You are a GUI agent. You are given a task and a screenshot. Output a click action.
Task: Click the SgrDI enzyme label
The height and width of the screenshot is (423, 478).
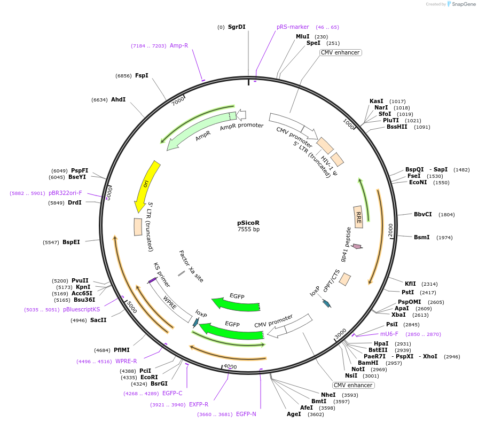(x=237, y=27)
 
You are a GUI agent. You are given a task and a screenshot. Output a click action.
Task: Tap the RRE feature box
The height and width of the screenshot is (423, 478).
(x=358, y=217)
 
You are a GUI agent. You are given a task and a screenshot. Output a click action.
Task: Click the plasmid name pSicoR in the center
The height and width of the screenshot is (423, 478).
(x=248, y=223)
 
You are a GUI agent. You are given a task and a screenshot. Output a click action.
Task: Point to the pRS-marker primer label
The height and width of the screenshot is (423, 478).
(x=293, y=27)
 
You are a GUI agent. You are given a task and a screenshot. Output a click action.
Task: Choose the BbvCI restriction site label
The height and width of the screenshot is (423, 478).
(x=423, y=214)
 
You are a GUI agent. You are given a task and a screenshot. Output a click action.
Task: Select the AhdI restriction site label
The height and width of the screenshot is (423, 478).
(x=119, y=99)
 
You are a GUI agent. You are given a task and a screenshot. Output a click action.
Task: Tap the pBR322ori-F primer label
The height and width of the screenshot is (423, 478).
(x=65, y=193)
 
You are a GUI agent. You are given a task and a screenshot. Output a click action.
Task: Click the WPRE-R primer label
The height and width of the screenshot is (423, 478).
(x=126, y=361)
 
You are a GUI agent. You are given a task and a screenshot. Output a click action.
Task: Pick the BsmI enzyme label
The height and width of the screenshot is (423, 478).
(x=422, y=237)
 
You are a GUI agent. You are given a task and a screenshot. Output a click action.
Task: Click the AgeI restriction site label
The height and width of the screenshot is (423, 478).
(x=294, y=413)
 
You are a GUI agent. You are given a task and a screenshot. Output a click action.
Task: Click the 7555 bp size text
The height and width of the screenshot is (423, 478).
(x=248, y=230)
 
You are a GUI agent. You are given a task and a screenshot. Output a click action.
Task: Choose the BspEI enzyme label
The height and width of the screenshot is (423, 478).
(x=71, y=242)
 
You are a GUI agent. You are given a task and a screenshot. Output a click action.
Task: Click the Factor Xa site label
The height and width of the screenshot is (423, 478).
(x=191, y=266)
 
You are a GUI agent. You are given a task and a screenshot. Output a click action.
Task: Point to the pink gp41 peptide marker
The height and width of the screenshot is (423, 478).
(x=356, y=247)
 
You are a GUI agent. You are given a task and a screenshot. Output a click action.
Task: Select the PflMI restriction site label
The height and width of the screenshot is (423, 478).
(x=122, y=350)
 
